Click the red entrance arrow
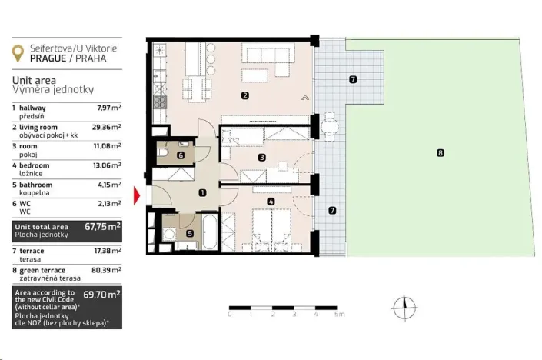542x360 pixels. (x=138, y=197)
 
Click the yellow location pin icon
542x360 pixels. (x=18, y=54)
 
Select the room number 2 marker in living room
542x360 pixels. (x=244, y=96)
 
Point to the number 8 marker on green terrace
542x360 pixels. (x=440, y=153)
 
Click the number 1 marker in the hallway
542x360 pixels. (x=201, y=194)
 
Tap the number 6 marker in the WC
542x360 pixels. (x=180, y=155)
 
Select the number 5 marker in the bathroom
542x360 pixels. (x=190, y=233)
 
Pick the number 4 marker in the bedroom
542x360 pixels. (x=270, y=202)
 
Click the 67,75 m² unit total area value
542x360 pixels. (x=101, y=228)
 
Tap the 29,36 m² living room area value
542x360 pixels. (x=105, y=127)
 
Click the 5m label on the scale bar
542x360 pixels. (x=339, y=315)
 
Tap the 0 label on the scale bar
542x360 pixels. (x=230, y=315)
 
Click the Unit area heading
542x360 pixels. (x=33, y=79)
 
